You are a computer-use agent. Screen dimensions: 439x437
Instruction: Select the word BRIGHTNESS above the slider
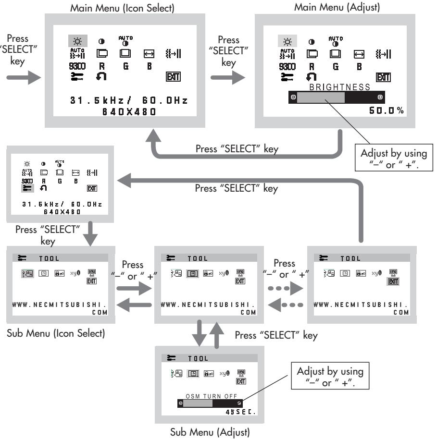click(340, 87)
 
